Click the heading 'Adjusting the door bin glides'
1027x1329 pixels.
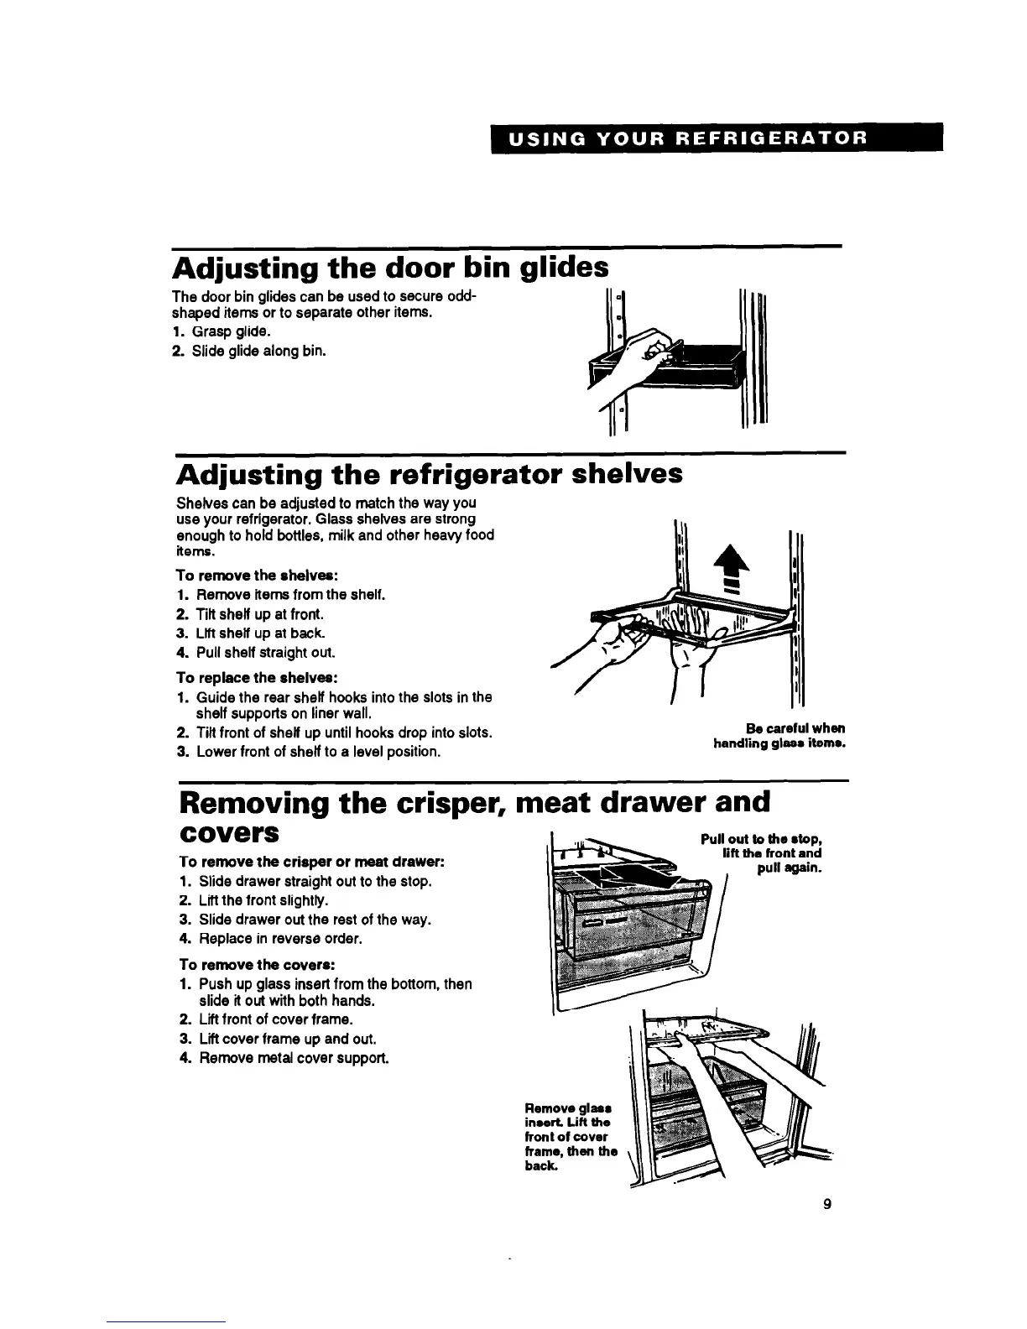(x=390, y=268)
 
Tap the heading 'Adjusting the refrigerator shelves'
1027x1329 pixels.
(x=429, y=475)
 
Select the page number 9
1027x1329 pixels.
(x=827, y=1205)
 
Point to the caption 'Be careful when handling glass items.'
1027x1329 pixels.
(x=779, y=736)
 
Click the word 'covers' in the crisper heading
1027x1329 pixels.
(x=228, y=833)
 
